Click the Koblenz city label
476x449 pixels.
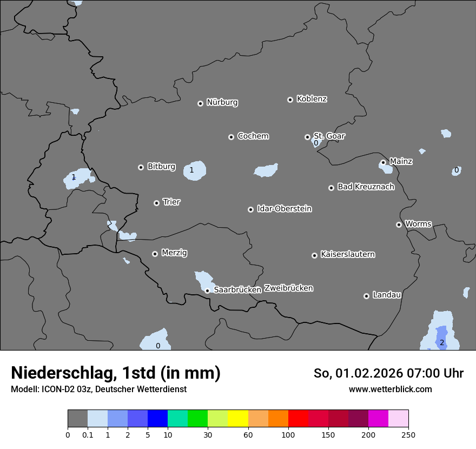(312, 99)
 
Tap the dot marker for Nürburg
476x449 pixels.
(200, 103)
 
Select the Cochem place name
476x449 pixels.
(253, 136)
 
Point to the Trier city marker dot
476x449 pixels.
(156, 203)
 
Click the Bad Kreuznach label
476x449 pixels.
(366, 187)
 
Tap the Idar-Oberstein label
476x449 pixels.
(284, 208)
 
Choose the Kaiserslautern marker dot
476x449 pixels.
(314, 255)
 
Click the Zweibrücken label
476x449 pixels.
(288, 288)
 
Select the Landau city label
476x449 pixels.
(387, 295)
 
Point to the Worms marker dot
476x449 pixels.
(399, 225)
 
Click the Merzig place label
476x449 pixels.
(175, 253)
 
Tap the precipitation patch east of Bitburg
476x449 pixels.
(196, 170)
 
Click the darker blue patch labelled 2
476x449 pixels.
(441, 338)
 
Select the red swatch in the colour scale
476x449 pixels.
(298, 419)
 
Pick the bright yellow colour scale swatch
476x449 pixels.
(238, 419)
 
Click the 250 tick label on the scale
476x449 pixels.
(408, 435)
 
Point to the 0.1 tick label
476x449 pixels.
(88, 435)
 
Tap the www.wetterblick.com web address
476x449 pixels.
(391, 389)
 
